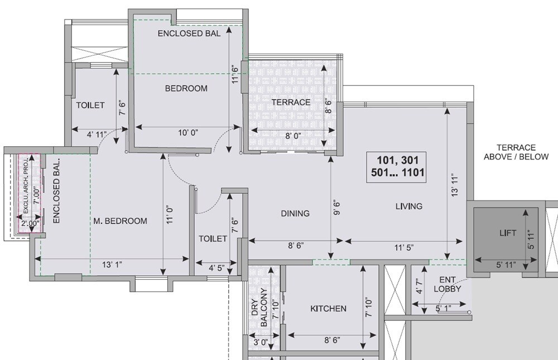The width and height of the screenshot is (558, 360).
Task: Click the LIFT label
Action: [507, 233]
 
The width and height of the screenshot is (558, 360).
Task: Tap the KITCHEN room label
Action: [328, 309]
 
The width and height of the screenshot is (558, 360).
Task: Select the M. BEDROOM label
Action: [120, 221]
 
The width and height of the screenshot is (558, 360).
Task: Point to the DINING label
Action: [295, 213]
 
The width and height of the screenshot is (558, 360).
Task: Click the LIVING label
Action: [408, 207]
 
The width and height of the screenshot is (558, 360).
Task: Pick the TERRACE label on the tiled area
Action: [290, 102]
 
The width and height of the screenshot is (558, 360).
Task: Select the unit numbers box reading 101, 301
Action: [397, 165]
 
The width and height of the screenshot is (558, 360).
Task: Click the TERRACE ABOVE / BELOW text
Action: [516, 152]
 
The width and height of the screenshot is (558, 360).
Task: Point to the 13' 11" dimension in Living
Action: [457, 184]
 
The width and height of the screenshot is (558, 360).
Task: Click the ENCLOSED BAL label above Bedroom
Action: [189, 33]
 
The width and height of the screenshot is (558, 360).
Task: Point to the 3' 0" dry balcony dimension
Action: [261, 342]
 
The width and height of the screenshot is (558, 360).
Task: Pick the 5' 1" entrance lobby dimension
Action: [444, 308]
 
